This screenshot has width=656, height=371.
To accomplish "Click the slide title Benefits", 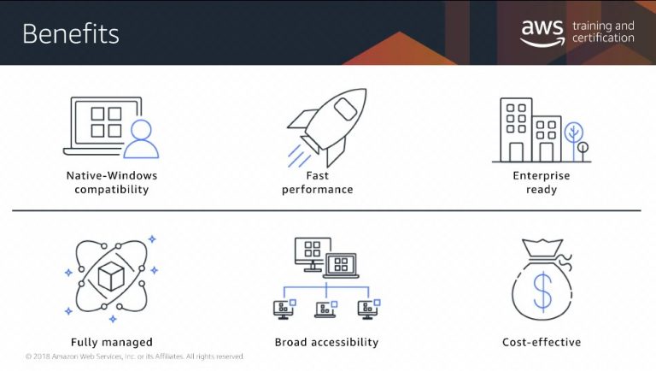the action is pos(71,33).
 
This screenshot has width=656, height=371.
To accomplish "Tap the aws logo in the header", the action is pos(542,32).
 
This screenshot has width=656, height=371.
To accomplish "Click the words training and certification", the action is pos(603,32).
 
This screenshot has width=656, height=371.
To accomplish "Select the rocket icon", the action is pos(327,127).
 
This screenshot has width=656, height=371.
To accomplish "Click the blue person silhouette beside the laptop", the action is pos(142,139).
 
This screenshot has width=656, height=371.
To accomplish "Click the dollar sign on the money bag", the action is pos(542,290).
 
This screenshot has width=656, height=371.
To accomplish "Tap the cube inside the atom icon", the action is pos(111,276).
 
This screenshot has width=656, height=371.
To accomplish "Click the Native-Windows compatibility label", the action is pos(112,183).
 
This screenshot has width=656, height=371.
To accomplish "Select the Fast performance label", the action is pos(318,183).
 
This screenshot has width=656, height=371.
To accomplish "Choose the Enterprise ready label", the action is pos(542,183).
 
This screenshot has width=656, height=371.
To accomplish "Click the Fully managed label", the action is pos(112,343).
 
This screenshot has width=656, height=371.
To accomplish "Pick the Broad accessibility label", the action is pos(327,342).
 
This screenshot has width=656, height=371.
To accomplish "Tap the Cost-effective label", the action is pos(542,342).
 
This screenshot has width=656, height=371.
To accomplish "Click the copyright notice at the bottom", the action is pos(135,356).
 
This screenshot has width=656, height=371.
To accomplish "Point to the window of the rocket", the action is pos(345,109).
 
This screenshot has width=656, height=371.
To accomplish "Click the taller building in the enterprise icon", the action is pos(516,130).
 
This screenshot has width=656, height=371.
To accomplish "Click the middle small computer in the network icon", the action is pos(326,309).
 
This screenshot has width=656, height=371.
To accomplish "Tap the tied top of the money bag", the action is pos(542,248).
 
